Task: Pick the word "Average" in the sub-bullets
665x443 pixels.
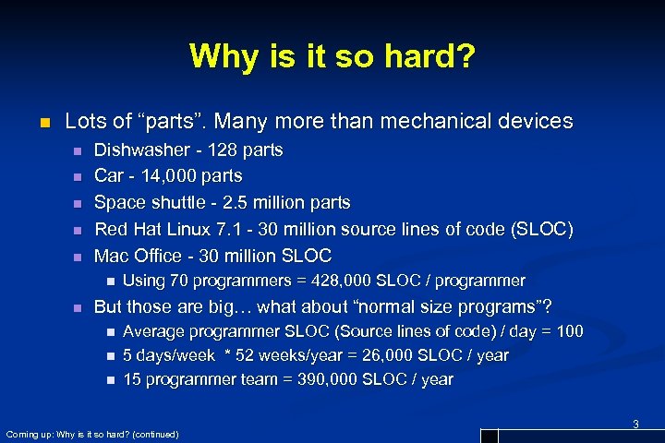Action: (153, 331)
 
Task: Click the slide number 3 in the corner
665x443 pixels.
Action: (635, 424)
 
